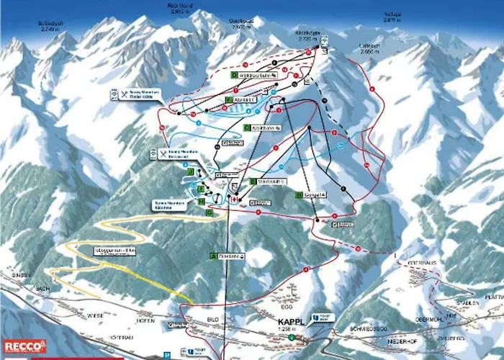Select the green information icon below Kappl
click(292, 336)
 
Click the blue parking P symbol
click(166, 354)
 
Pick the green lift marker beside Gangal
click(298, 195)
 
